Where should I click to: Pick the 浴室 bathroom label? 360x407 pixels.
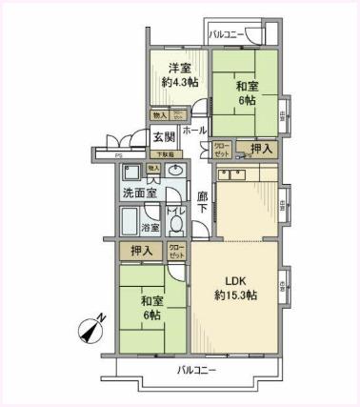tap(151, 228)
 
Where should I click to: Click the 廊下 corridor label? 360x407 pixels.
tap(202, 205)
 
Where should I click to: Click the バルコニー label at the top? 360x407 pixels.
tap(232, 37)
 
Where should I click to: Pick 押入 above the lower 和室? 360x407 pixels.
tap(141, 252)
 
